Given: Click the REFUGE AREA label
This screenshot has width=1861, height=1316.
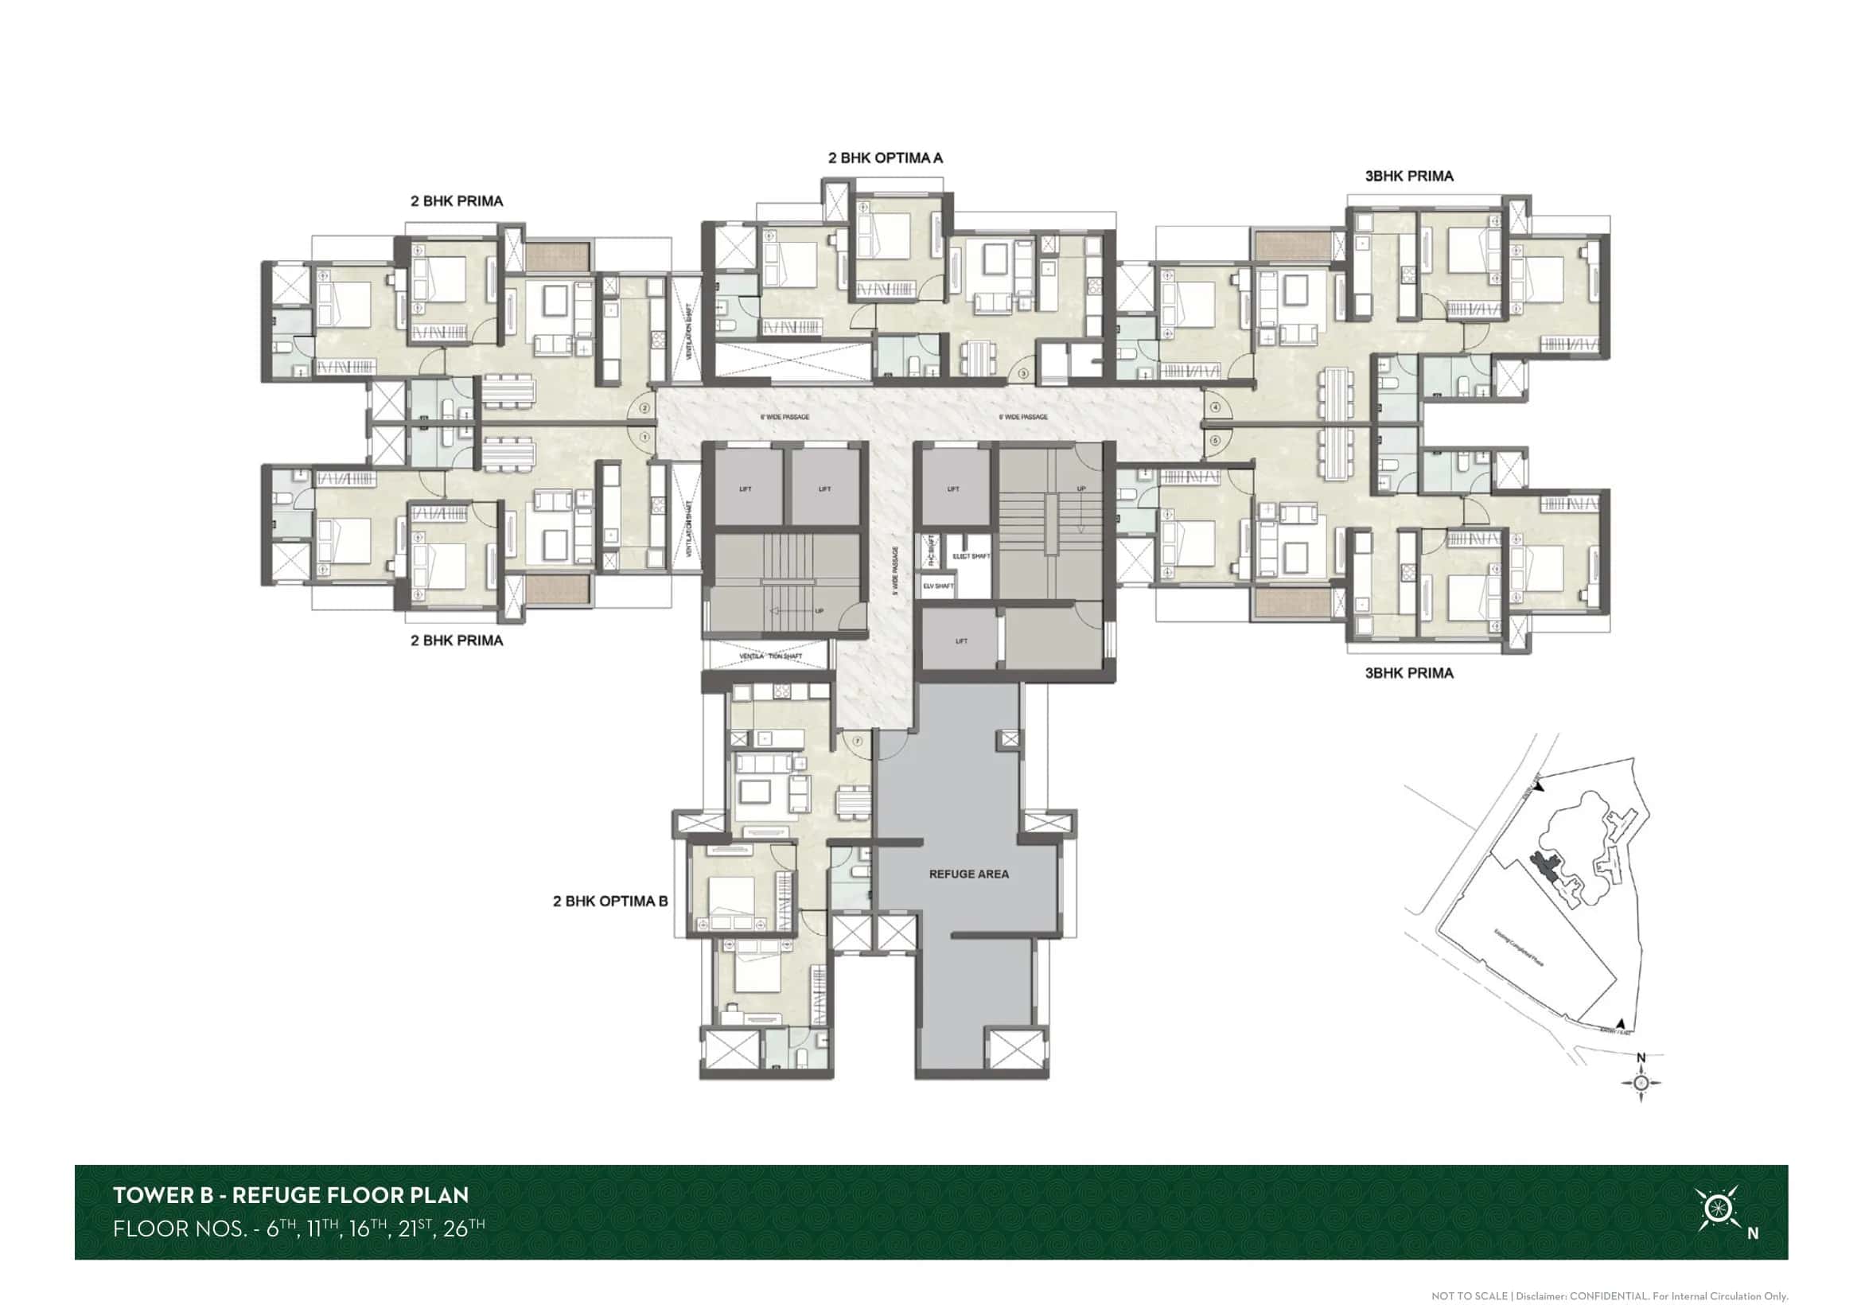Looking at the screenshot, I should pos(968,874).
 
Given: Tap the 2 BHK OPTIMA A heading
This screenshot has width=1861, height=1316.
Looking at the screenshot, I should pos(885,158).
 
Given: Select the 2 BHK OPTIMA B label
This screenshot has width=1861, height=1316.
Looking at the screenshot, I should pos(610,901).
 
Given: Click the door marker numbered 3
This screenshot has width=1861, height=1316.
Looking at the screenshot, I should pos(1024,374).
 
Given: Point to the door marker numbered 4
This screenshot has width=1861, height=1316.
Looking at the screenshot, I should pos(1216,407).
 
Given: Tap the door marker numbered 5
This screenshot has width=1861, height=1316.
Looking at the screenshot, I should pos(1216,441).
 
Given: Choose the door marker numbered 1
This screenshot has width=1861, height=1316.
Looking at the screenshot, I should pos(645,438).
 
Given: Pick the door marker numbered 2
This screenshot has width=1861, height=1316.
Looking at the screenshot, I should pos(645,408).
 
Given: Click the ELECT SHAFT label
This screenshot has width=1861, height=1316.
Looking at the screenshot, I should pos(971,556).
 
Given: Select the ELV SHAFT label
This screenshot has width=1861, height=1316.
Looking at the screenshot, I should pos(938,585).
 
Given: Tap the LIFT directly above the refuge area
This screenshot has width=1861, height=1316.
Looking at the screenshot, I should pos(961,641).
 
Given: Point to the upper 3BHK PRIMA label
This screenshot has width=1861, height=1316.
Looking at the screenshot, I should pos(1409,176).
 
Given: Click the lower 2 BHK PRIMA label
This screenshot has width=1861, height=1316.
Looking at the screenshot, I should pos(457,640).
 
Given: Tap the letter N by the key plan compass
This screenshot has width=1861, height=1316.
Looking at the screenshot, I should pos(1641,1057).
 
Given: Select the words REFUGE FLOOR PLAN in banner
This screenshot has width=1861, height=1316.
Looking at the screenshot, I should pos(350,1195).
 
